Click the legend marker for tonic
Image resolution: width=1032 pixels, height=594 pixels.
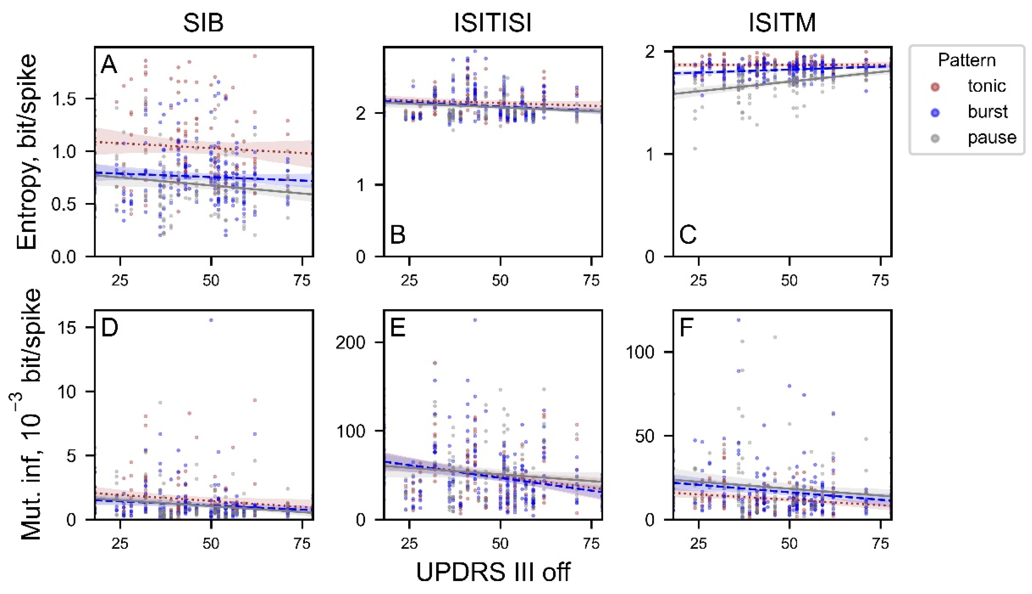(936, 86)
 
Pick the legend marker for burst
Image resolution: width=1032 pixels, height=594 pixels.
(936, 112)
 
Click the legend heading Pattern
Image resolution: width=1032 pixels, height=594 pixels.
(967, 60)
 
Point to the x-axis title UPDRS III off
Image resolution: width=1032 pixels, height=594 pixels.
(493, 572)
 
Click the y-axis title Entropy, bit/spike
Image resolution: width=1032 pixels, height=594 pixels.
(27, 152)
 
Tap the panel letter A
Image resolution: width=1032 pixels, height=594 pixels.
(109, 64)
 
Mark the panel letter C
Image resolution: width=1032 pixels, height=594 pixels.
(688, 235)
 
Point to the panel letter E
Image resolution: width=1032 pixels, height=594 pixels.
(398, 327)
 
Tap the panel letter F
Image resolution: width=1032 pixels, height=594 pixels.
(687, 327)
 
